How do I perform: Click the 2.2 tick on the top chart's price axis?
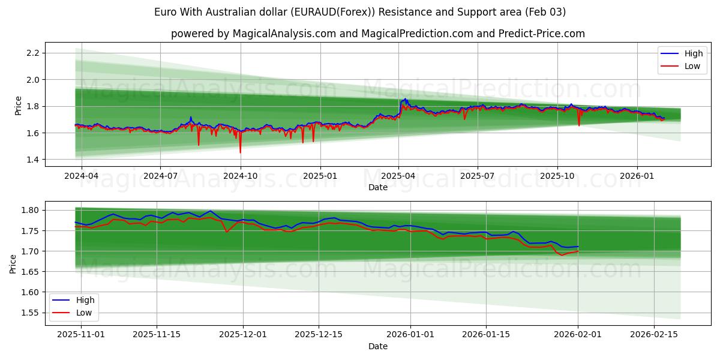32,53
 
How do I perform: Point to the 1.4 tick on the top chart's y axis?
32,160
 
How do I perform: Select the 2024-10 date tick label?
241,176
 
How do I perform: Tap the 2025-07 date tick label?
478,176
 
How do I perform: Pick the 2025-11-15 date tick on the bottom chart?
157,335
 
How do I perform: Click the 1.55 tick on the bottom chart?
29,313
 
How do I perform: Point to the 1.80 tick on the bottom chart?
29,210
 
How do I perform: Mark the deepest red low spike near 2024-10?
240,152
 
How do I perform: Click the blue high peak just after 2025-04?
406,99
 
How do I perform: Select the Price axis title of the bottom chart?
13,264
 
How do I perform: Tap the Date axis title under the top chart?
378,187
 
